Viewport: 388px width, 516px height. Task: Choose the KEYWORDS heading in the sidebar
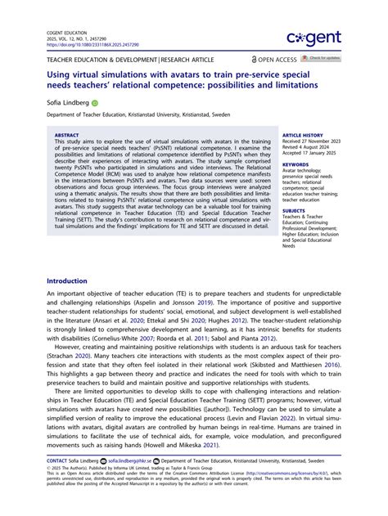click(296, 164)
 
